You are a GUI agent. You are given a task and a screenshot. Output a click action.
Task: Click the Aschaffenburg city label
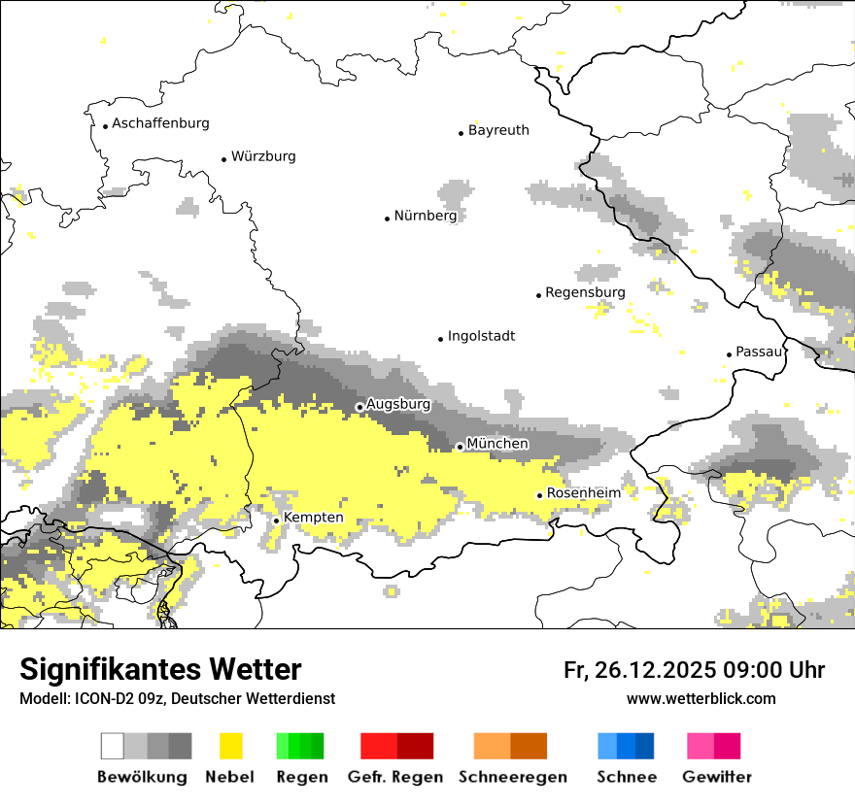tap(160, 123)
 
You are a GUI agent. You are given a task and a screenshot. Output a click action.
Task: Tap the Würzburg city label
tap(263, 156)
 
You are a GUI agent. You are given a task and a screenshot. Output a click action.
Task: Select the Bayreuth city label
tap(498, 130)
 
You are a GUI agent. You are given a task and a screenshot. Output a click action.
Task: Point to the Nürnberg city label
tap(425, 216)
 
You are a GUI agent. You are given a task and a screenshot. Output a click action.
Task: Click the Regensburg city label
tap(585, 292)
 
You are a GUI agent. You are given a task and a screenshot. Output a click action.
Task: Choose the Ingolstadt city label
tap(481, 336)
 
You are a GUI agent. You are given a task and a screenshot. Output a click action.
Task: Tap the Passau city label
tap(759, 352)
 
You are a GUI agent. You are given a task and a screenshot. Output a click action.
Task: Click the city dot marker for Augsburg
tap(359, 407)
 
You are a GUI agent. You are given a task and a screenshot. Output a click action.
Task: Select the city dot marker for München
tap(460, 447)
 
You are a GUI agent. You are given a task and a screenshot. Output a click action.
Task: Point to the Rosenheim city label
tap(583, 493)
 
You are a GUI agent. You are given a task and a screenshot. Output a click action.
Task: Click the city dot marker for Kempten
tap(276, 521)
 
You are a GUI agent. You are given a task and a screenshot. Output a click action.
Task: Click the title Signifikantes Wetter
tap(160, 669)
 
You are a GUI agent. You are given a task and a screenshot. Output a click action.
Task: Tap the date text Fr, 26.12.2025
tap(640, 670)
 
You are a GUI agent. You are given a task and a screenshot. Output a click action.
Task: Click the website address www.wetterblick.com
tap(701, 698)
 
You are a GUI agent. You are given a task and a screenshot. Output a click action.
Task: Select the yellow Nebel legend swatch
tap(230, 746)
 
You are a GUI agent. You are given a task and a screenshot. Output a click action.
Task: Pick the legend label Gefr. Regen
tap(395, 777)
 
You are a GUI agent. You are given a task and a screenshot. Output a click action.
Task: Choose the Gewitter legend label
tap(717, 777)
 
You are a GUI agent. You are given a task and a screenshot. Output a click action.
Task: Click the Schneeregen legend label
tap(512, 777)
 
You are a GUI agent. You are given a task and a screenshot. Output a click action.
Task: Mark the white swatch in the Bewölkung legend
tap(113, 746)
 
